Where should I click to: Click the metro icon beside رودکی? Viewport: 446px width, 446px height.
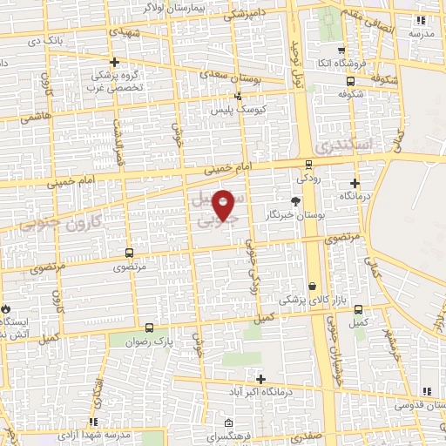(309, 164)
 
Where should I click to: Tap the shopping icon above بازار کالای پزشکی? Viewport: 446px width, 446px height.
(312, 285)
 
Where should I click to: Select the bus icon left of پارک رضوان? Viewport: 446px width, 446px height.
(150, 328)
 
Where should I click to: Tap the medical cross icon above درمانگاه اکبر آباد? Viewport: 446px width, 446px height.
(260, 377)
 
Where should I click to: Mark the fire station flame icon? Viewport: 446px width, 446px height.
(5, 308)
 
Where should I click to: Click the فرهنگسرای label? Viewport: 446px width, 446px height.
(233, 436)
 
